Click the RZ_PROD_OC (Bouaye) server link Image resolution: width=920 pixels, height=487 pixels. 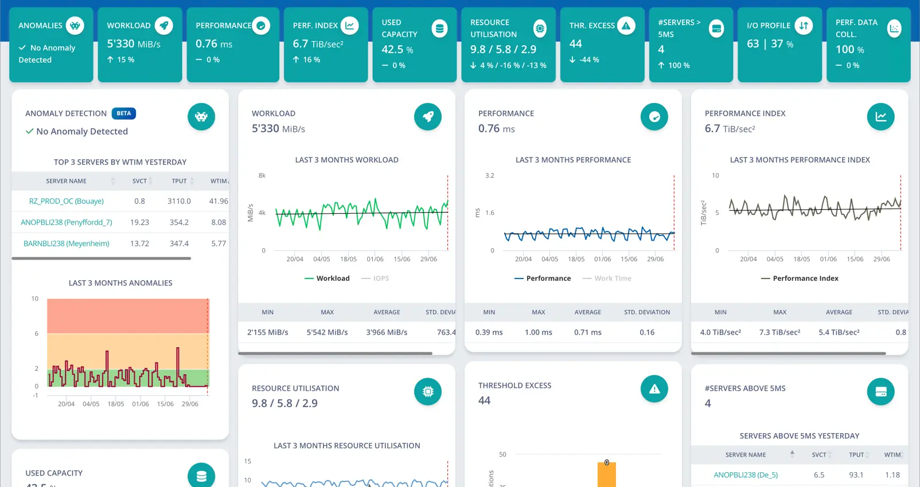coord(66,201)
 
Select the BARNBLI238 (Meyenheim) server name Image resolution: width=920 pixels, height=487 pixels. coord(66,244)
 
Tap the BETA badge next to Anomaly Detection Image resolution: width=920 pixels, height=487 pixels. coord(124,113)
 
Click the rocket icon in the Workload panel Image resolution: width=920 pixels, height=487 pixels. coord(427,116)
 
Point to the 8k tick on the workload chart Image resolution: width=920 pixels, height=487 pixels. coord(262,175)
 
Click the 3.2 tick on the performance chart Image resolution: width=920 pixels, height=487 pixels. coord(490,175)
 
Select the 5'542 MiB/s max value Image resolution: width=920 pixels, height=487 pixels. coord(327,332)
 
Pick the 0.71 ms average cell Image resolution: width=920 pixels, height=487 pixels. coord(588,332)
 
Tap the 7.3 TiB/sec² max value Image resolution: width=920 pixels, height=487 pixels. coord(779,332)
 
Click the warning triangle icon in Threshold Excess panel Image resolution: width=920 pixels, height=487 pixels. coord(654,388)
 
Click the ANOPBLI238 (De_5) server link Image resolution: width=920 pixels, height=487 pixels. coord(746,475)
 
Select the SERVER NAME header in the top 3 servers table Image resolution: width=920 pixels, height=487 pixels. coord(66,181)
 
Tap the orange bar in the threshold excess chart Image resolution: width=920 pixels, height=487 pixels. coord(607,475)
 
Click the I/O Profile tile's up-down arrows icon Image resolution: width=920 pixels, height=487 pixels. coord(804,25)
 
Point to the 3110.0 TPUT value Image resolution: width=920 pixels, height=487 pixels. coord(179,201)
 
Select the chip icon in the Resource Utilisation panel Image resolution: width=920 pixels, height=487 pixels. coord(427,391)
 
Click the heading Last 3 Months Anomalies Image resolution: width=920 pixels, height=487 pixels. coord(120,283)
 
